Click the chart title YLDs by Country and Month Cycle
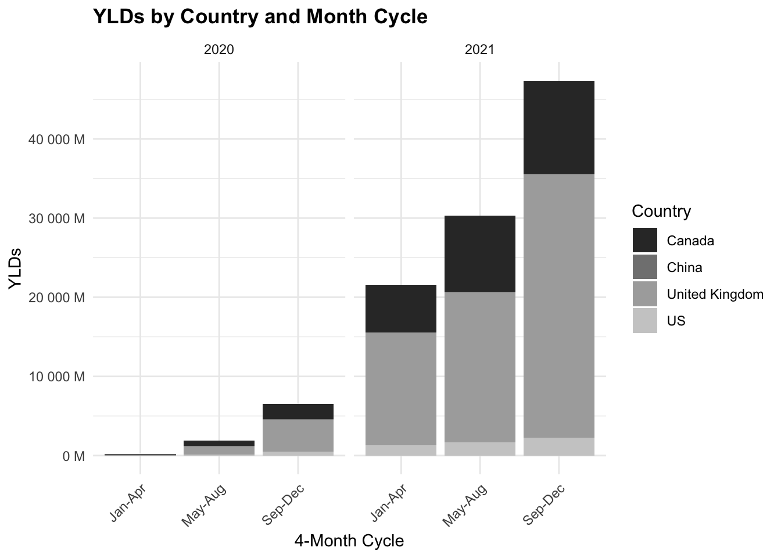[260, 17]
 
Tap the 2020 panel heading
[219, 50]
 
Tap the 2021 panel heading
[479, 50]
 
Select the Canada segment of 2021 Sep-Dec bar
[558, 127]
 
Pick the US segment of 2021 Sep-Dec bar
[558, 446]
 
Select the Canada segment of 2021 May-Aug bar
[480, 253]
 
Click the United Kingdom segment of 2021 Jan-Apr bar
[401, 389]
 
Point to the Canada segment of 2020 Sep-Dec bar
[298, 412]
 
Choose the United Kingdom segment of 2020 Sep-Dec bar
[298, 435]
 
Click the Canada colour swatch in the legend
[645, 241]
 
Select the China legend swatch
[645, 267]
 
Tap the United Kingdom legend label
[715, 295]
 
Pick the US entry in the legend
[676, 321]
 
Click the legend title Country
[661, 211]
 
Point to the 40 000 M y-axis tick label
[56, 139]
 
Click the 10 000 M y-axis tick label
[56, 377]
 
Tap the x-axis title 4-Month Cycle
[349, 541]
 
